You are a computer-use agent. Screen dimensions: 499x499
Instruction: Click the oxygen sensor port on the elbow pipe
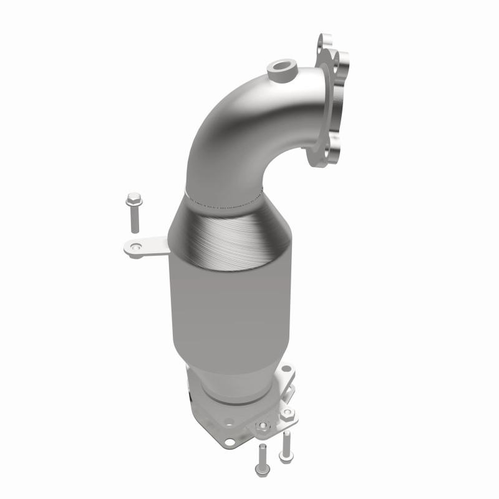pos(278,68)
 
